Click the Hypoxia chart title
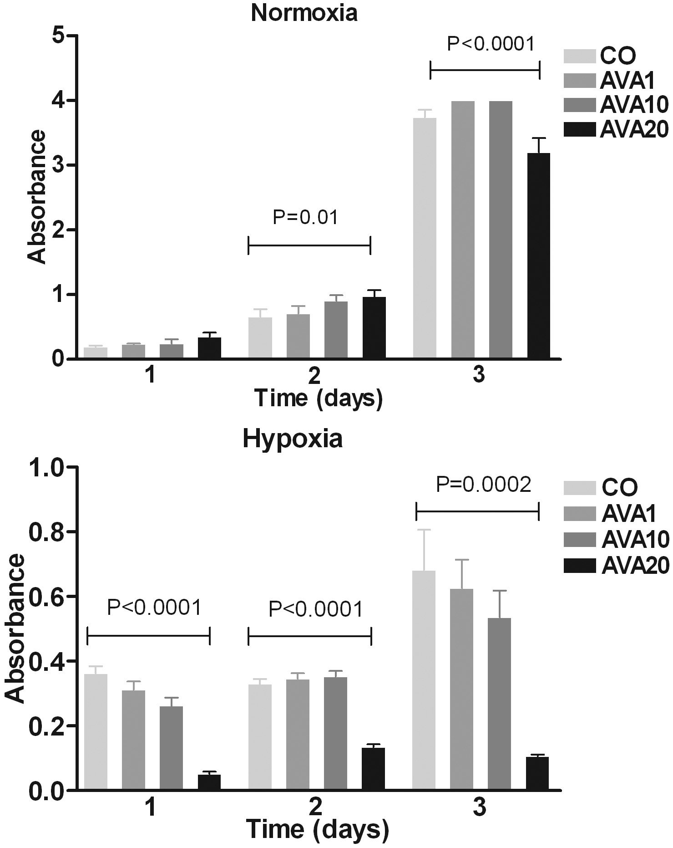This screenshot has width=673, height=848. pyautogui.click(x=293, y=439)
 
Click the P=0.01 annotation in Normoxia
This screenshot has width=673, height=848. pyautogui.click(x=306, y=218)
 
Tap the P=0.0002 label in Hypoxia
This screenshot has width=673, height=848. pyautogui.click(x=484, y=485)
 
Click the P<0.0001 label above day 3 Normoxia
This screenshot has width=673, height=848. pyautogui.click(x=490, y=44)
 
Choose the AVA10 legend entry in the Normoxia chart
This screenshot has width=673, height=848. pyautogui.click(x=617, y=105)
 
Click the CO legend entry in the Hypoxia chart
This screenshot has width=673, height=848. pyautogui.click(x=601, y=487)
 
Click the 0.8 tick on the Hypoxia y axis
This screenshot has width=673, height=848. pyautogui.click(x=46, y=531)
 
